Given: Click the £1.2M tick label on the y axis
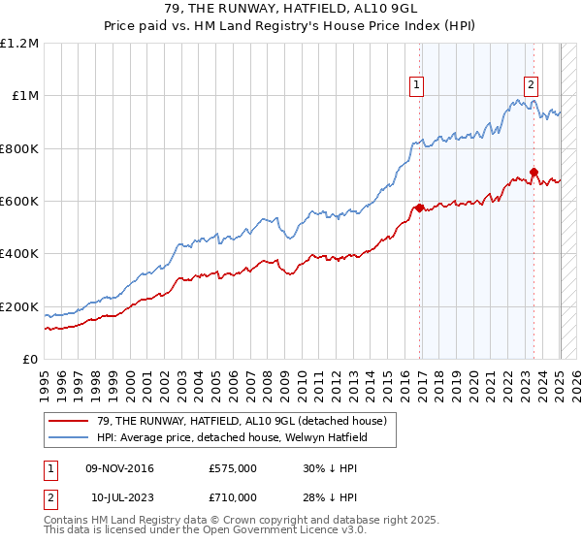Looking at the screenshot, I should [19, 44].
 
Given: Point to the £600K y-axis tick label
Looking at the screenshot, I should [19, 202].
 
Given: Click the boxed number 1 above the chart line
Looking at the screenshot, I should [416, 85].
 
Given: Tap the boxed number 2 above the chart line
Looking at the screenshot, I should [532, 85].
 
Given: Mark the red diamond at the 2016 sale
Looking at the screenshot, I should [419, 208].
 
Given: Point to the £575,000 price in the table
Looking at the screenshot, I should [232, 469].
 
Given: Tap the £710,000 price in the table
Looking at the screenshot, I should [232, 496].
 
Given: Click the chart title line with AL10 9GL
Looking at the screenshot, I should [291, 12].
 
